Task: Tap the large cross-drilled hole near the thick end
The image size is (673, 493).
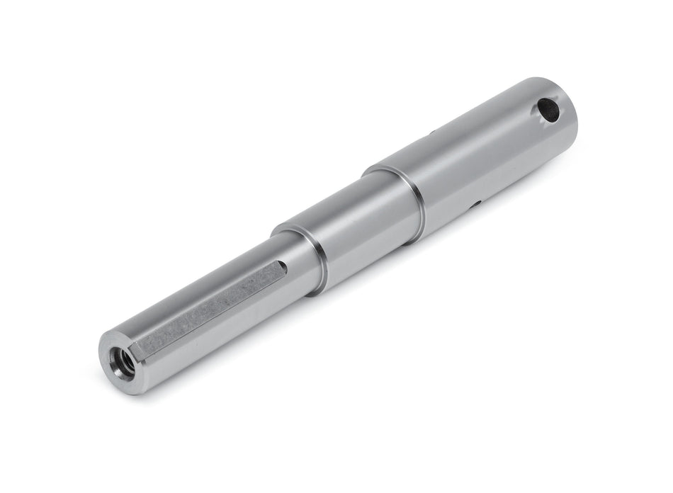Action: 548,110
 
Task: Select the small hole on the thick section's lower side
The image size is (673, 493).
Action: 477,205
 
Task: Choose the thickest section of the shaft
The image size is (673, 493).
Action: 482,156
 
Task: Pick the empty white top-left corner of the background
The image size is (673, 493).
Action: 28,28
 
